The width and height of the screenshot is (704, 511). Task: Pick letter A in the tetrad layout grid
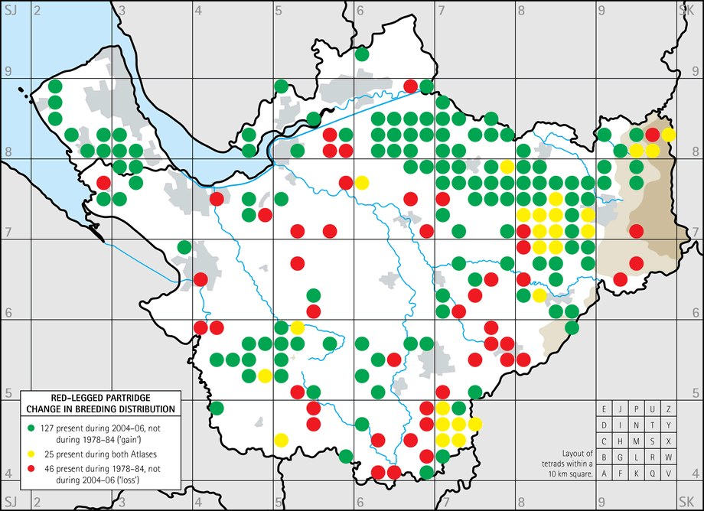point(605,474)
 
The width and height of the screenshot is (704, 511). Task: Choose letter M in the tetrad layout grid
point(637,441)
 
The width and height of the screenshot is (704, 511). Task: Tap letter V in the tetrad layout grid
point(669,474)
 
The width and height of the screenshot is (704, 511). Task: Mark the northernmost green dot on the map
point(362,54)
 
